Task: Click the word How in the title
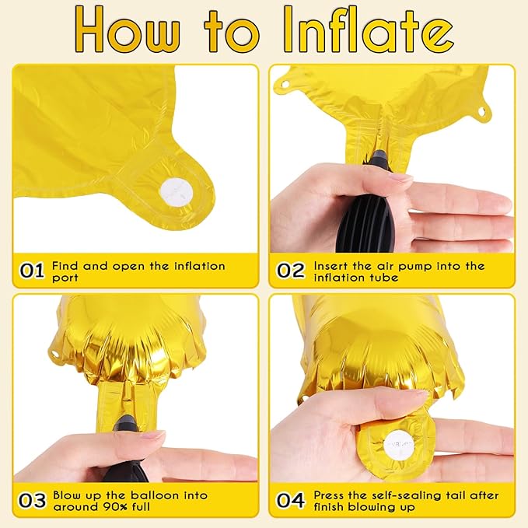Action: pos(128,30)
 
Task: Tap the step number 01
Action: pos(32,271)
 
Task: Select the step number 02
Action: pos(291,271)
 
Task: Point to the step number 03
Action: pos(32,500)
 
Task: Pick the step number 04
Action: pos(291,500)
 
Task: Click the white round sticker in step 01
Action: pos(177,194)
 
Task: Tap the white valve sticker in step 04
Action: pos(398,445)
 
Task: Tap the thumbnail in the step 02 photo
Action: pos(398,177)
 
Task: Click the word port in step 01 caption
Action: pos(65,278)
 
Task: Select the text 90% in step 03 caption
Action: pos(114,507)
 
